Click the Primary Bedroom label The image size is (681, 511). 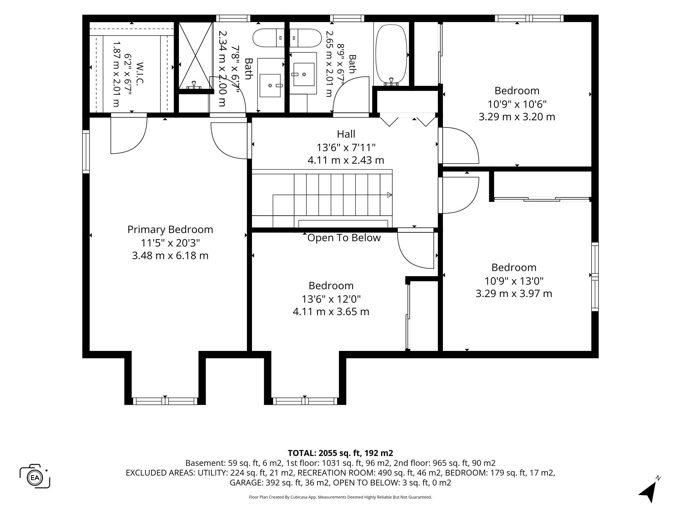(170, 229)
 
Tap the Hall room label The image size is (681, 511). (346, 134)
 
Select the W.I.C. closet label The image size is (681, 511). (140, 73)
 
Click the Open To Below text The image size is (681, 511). (344, 238)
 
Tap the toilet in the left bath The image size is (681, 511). (269, 38)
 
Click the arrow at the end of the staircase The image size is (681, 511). (390, 195)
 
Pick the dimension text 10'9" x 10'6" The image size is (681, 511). (517, 104)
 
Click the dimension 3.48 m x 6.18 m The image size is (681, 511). (170, 255)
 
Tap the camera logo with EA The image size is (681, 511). (35, 476)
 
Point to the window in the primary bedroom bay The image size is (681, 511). (165, 401)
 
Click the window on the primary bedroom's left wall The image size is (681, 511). (86, 152)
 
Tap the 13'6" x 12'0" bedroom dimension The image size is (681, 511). (331, 299)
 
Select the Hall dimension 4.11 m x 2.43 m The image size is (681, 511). (346, 160)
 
